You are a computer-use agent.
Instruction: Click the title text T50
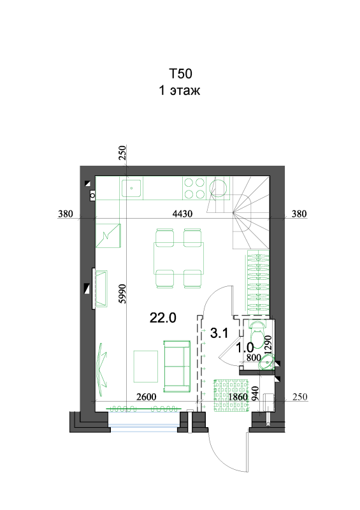[x=180, y=73]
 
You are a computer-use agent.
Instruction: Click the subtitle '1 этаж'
[x=179, y=90]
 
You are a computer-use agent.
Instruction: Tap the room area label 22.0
[x=163, y=317]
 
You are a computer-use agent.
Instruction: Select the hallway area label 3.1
[x=220, y=333]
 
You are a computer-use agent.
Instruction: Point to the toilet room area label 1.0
[x=245, y=347]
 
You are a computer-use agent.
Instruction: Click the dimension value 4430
[x=182, y=214]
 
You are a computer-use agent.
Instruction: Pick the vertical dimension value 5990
[x=122, y=294]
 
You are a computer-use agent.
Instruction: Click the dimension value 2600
[x=147, y=397]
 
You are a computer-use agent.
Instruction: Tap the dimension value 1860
[x=238, y=397]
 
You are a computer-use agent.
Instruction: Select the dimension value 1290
[x=268, y=345]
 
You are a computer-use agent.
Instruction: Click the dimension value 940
[x=256, y=393]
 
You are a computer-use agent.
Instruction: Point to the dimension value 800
[x=254, y=358]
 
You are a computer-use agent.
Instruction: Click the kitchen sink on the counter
[x=133, y=188]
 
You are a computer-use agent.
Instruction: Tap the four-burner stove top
[x=194, y=188]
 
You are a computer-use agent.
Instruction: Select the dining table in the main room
[x=179, y=258]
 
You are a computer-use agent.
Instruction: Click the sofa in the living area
[x=177, y=366]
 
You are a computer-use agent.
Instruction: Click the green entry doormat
[x=231, y=395]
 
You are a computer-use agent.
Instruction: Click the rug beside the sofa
[x=146, y=366]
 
